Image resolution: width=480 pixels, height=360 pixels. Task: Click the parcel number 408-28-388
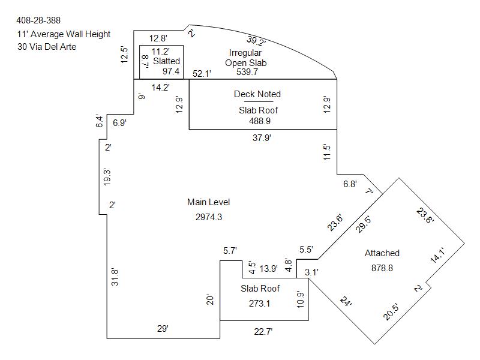point(38,21)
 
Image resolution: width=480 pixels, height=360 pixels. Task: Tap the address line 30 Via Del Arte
point(47,47)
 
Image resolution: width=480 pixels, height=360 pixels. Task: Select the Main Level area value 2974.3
point(209,217)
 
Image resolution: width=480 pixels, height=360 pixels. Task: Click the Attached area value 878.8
point(382,268)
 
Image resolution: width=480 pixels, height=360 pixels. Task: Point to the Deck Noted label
point(257,94)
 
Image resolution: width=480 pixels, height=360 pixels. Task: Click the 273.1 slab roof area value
point(260,303)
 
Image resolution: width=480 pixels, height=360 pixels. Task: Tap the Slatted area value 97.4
point(171,71)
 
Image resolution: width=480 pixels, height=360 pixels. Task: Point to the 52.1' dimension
point(202,74)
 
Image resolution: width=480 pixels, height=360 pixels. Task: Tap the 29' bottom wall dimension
point(163,329)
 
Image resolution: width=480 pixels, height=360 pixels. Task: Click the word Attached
point(382,253)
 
